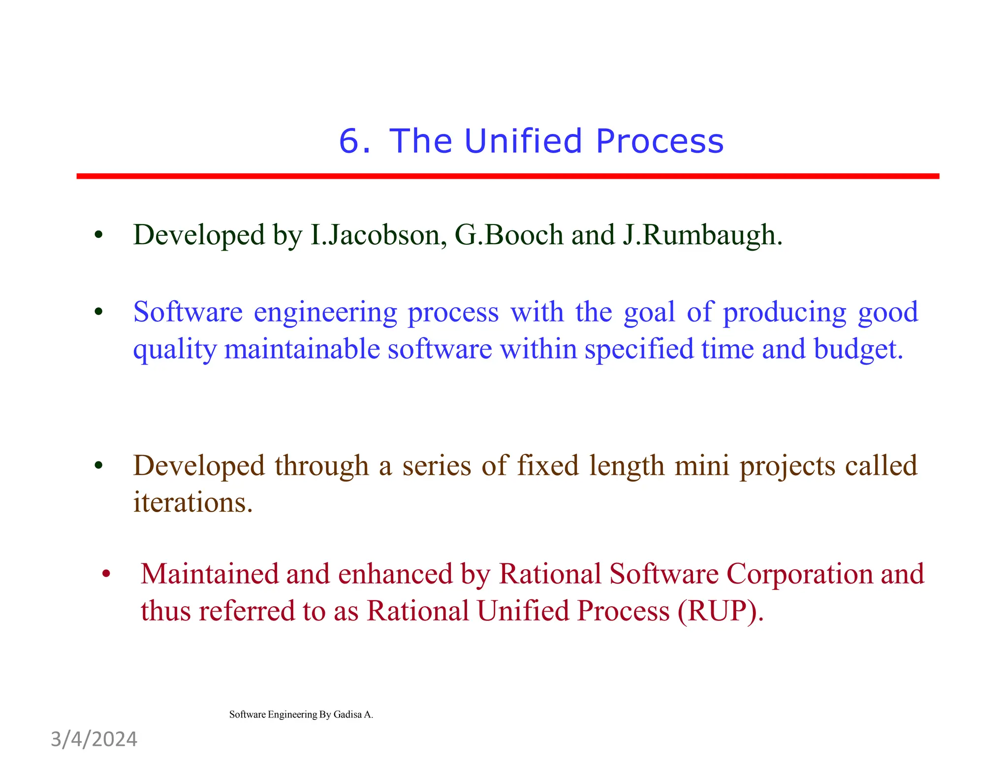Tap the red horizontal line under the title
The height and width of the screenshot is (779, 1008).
507,176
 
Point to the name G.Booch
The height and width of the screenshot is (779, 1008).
508,235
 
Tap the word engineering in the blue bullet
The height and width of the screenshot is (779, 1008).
325,313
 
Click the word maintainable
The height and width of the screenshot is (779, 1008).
302,350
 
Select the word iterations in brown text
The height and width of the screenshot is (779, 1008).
192,503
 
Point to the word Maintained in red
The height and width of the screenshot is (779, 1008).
210,574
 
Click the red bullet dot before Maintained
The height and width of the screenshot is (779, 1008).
106,575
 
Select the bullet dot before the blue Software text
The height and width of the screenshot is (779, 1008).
98,312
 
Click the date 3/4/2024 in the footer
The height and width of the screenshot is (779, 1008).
94,740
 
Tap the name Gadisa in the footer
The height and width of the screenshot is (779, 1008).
347,714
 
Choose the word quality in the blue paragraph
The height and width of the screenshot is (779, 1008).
175,350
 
